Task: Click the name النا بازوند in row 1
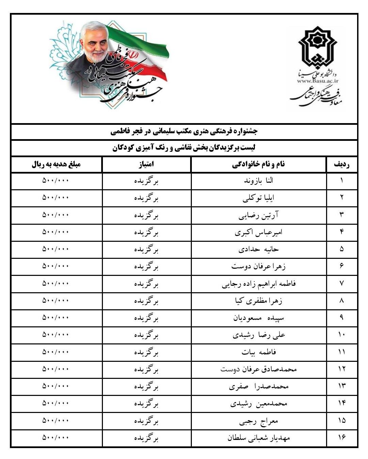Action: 259,181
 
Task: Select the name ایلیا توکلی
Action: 259,198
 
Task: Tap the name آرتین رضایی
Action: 259,215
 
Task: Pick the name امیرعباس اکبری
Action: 259,233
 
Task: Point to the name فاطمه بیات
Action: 259,352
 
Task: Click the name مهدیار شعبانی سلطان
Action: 259,438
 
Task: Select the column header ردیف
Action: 341,164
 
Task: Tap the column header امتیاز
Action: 146,164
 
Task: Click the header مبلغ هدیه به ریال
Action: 56,164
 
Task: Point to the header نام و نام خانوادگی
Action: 259,164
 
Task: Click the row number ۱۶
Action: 341,438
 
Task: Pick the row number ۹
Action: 341,318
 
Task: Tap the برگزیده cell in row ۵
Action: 146,250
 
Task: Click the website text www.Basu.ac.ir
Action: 318,81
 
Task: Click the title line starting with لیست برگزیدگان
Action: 184,148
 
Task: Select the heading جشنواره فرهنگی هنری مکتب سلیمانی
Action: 184,131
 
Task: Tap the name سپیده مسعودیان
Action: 259,318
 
